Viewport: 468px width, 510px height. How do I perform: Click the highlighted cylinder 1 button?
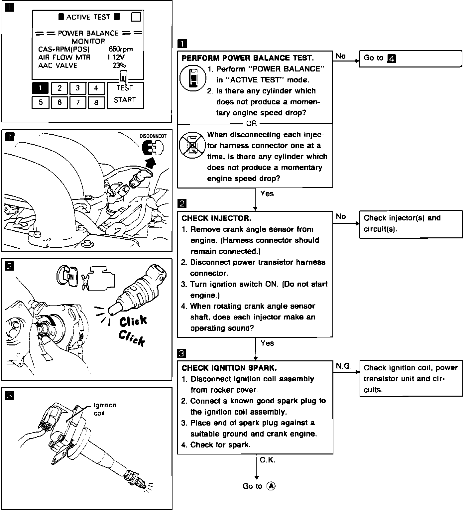click(x=40, y=88)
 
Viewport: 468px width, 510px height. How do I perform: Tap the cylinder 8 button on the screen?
click(x=96, y=102)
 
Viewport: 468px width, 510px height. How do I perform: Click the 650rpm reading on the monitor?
click(x=121, y=49)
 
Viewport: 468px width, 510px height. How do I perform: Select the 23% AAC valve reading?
click(x=119, y=65)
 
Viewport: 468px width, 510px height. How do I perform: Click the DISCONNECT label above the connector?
click(x=153, y=136)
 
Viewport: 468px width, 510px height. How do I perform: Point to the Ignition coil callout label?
click(x=105, y=409)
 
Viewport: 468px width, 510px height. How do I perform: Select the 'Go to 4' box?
click(x=410, y=59)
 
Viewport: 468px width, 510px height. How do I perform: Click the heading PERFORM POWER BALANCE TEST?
click(x=248, y=58)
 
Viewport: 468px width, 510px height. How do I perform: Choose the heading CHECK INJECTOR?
click(x=216, y=218)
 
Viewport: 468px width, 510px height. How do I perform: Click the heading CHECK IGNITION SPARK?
click(x=229, y=368)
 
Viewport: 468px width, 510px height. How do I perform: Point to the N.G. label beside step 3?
click(x=344, y=366)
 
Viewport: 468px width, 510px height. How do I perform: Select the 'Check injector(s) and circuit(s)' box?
click(x=410, y=224)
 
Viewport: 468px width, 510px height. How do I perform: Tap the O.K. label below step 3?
click(x=268, y=460)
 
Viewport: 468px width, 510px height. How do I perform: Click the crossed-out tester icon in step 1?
click(x=191, y=145)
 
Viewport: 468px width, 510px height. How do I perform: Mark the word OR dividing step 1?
click(x=252, y=124)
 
